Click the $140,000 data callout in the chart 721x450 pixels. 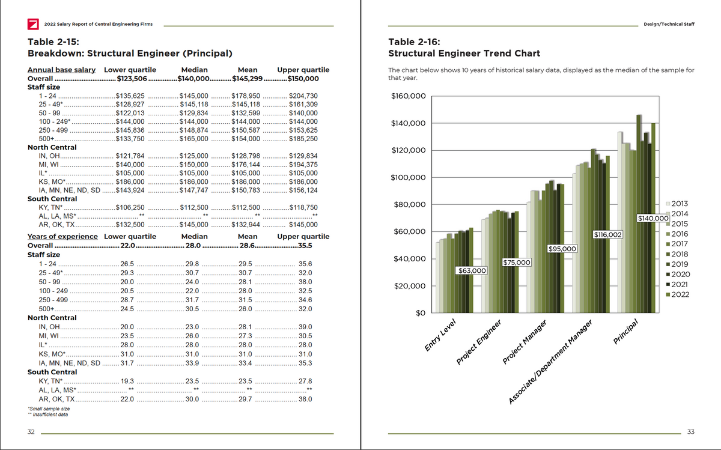coord(653,218)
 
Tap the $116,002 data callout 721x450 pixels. coord(608,234)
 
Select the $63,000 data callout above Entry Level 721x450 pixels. coord(472,271)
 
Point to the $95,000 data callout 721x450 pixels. coord(562,249)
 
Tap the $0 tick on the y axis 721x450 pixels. coord(421,313)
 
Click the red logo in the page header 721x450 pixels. coord(34,24)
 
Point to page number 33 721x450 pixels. coord(690,432)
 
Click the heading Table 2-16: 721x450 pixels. coord(414,42)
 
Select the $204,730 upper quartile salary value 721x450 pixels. coord(303,96)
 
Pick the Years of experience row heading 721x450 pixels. coord(62,237)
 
